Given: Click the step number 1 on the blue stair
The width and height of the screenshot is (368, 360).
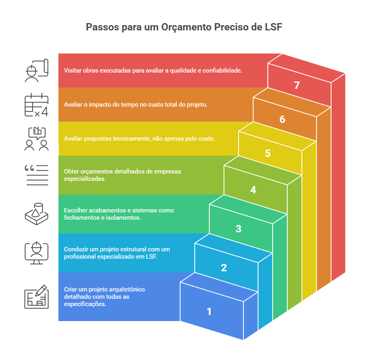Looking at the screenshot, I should [x=209, y=311].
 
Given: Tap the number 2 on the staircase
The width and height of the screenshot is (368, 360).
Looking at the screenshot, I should [x=224, y=268].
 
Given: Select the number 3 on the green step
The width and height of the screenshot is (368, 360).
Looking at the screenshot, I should [x=238, y=229].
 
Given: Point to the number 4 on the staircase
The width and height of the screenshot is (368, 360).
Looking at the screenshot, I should [x=253, y=190].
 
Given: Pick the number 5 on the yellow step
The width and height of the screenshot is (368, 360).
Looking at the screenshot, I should [x=268, y=154].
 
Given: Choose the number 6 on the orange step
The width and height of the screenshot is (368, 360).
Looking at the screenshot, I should [x=282, y=120].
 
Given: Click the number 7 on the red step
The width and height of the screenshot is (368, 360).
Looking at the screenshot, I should [x=297, y=85].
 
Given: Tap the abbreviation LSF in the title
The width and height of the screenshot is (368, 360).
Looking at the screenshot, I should [x=271, y=28].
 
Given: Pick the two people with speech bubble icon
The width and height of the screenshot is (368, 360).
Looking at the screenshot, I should [x=37, y=139].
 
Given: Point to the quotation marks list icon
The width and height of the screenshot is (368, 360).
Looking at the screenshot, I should [x=37, y=175].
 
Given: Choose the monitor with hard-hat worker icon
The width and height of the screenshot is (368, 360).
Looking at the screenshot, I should [x=37, y=253].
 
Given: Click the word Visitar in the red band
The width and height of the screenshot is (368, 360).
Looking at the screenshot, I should [x=73, y=70].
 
